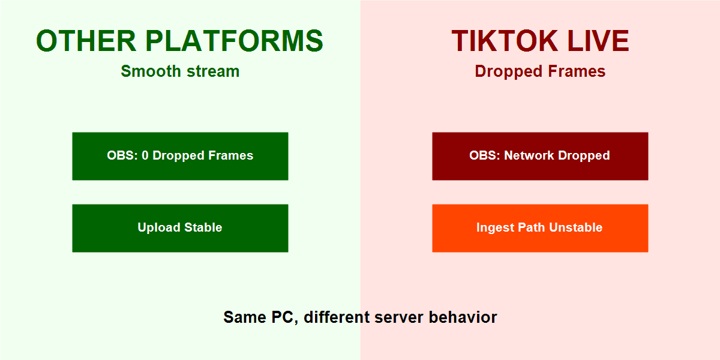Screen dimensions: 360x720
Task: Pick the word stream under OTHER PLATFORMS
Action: coord(212,71)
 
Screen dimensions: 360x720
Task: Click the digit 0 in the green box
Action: coord(145,156)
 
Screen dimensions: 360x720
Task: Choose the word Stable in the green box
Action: coord(203,228)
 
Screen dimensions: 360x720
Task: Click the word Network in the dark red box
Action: coord(529,156)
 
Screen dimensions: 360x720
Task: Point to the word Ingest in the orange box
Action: coord(495,228)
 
